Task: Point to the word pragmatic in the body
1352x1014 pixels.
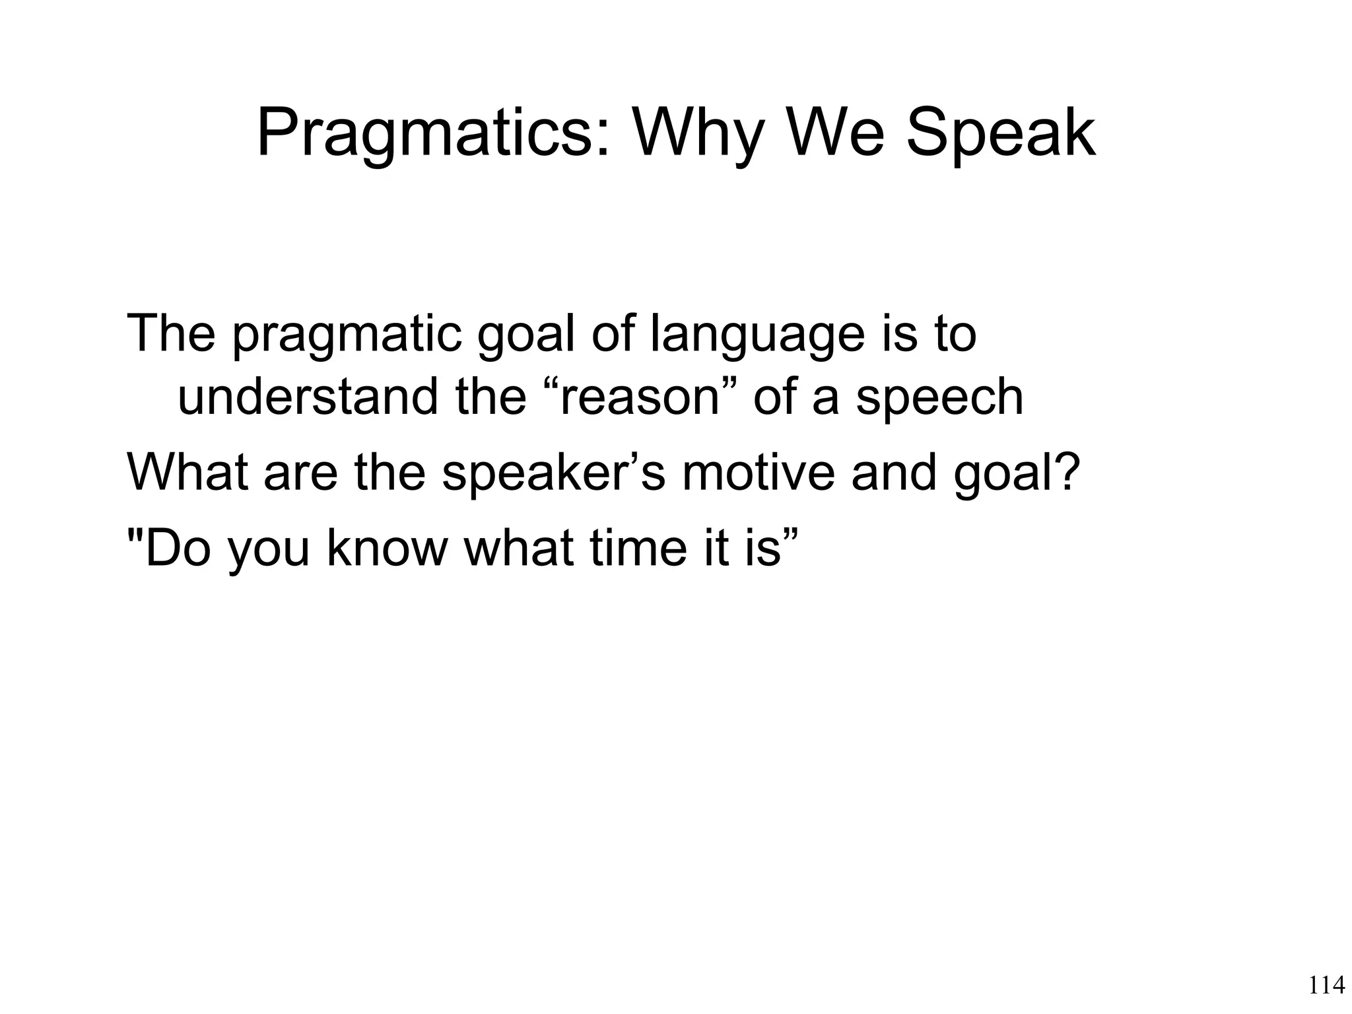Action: [346, 335]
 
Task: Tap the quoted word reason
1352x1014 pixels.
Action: [638, 398]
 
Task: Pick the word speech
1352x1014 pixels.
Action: [939, 398]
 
